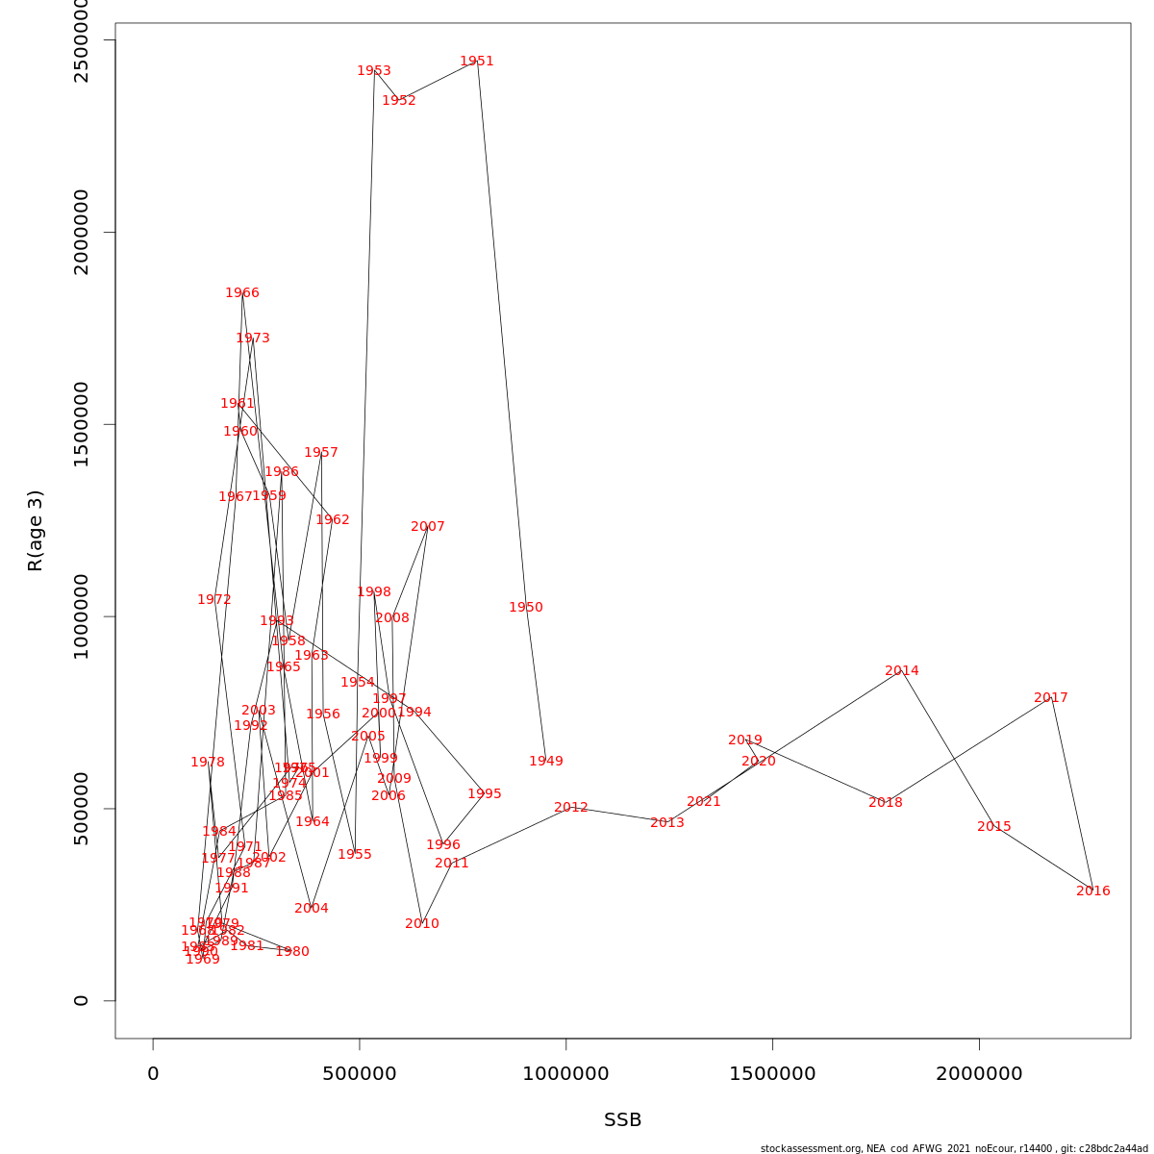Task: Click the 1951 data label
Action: point(477,62)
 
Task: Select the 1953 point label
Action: point(374,71)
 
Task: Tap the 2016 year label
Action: point(1093,891)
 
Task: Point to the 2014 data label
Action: point(902,671)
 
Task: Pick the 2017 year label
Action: point(1051,698)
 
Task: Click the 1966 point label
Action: point(242,293)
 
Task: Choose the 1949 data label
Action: point(546,762)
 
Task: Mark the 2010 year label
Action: point(422,924)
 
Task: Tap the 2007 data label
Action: point(428,527)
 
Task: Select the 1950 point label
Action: point(526,608)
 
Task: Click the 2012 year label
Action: point(571,808)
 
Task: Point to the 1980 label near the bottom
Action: point(292,952)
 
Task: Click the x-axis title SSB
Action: point(623,1120)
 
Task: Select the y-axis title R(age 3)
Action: point(36,531)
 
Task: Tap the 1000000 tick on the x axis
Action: point(565,1074)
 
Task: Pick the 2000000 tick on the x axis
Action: point(979,1074)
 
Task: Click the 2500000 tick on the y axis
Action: point(82,40)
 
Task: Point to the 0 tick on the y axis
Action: point(82,1000)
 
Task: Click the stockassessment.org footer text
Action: point(954,1148)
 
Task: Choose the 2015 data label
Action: point(994,827)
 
